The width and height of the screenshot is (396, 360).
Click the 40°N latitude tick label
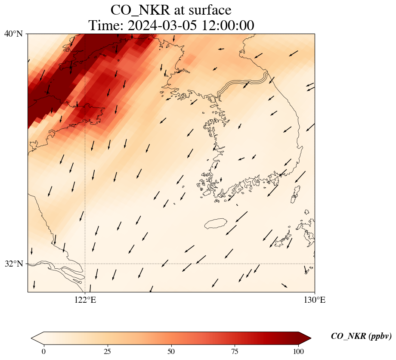coord(13,34)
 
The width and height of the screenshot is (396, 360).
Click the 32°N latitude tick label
coord(13,264)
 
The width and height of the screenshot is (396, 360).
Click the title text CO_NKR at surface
coord(171,10)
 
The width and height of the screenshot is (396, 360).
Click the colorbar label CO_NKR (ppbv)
coord(361,336)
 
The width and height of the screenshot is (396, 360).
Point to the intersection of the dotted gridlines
coord(85,264)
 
